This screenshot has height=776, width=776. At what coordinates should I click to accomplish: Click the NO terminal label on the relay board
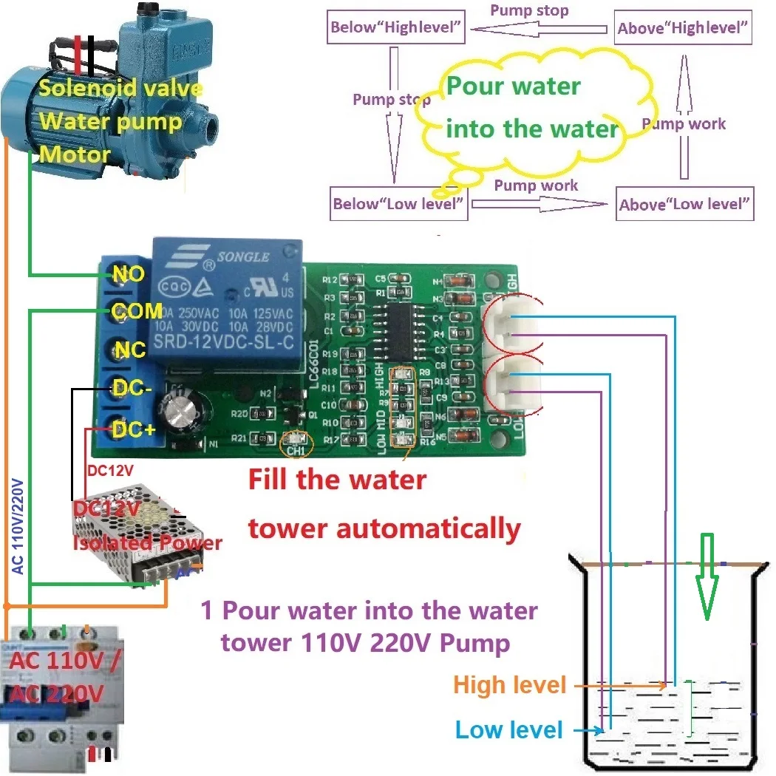[129, 274]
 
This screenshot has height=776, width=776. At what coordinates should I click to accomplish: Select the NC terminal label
[130, 350]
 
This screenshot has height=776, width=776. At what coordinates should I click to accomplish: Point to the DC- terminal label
[132, 387]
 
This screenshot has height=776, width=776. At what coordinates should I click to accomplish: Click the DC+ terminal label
[134, 428]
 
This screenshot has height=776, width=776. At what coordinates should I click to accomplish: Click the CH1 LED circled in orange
[296, 443]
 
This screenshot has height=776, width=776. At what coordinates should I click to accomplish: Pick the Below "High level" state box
[397, 29]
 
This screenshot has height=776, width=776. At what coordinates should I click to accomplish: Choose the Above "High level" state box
[684, 29]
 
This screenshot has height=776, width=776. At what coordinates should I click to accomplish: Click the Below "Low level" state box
[398, 203]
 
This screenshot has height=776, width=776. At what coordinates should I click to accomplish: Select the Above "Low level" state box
[685, 204]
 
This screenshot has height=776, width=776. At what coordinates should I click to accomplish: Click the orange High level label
[509, 684]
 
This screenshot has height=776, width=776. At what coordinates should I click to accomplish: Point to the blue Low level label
[508, 730]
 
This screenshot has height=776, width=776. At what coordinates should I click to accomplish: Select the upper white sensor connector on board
[511, 326]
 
